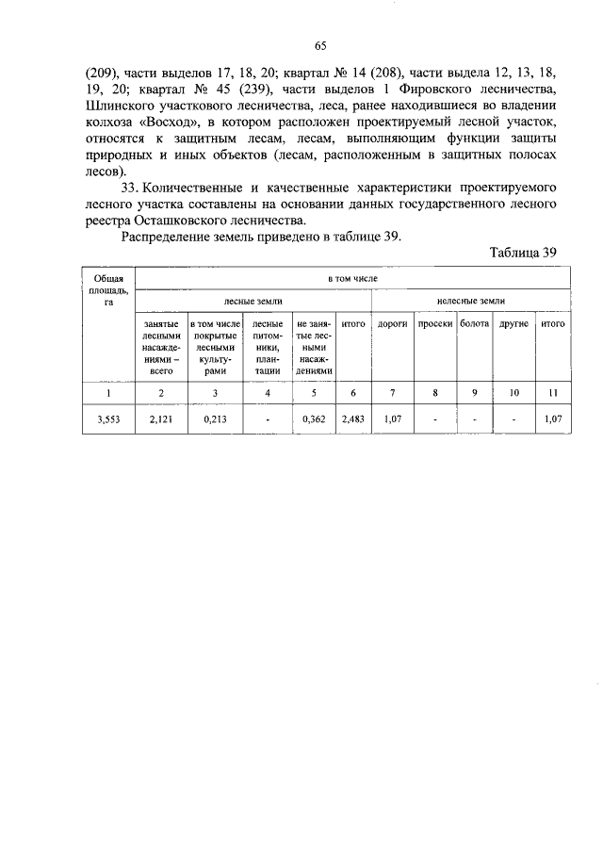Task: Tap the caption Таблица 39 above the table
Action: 524,252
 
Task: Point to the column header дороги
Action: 391,323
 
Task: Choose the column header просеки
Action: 435,323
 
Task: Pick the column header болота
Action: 474,323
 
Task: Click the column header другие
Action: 513,323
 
